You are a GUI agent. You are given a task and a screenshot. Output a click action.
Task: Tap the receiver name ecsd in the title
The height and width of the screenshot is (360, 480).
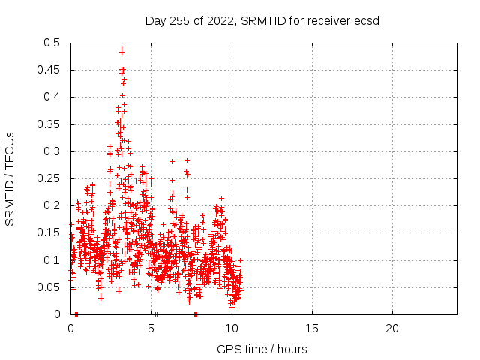point(367,20)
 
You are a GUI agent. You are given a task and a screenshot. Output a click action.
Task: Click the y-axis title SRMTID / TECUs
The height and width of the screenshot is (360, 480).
point(10,178)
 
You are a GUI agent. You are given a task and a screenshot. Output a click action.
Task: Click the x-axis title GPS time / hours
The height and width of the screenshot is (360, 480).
point(262,349)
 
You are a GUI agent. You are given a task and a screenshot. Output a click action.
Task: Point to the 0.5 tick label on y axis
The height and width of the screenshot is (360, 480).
point(53,43)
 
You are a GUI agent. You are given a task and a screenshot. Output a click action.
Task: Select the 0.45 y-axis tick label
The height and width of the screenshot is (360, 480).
point(50,70)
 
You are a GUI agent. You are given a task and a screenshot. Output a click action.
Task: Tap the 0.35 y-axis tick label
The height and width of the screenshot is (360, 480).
point(50,124)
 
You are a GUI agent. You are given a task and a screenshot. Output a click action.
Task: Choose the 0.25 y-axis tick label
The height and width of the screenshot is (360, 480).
point(50,178)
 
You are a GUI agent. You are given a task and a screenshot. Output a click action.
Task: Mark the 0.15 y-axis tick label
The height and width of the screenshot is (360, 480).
point(50,232)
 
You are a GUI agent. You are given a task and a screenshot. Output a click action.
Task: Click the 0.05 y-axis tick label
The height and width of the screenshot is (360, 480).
point(50,287)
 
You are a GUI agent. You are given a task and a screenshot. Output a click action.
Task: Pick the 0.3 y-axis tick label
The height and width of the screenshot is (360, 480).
point(53,151)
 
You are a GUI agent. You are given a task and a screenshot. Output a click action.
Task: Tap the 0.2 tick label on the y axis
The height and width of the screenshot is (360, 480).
point(53,205)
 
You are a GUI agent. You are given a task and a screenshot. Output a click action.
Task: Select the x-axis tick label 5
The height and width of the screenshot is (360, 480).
point(151,328)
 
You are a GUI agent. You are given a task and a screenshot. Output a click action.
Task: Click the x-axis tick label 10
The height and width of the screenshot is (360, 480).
point(232,328)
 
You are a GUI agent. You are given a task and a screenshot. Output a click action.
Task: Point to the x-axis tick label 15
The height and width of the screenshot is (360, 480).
point(312,328)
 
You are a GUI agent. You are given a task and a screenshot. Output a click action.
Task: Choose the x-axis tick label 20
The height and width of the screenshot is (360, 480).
point(392,328)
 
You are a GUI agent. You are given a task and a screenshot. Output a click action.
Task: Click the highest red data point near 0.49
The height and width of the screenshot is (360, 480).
point(121,49)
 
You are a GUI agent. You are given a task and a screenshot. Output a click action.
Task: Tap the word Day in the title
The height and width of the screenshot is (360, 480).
point(155,20)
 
